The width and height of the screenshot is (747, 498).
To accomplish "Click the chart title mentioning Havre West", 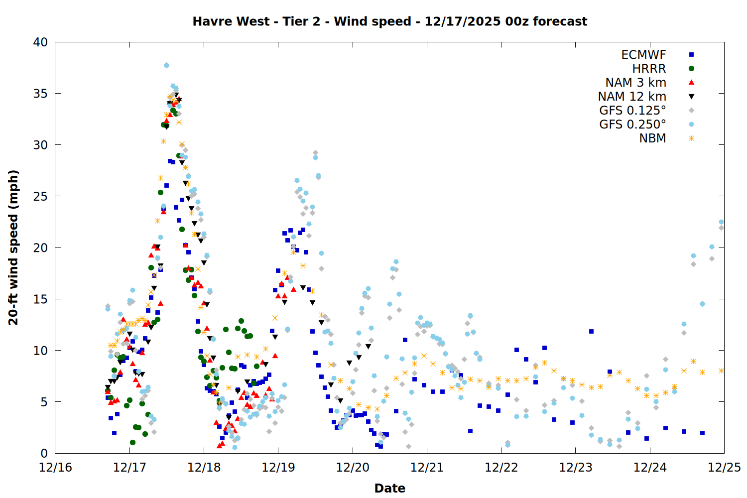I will (389, 21).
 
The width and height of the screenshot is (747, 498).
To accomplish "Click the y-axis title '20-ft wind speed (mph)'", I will (13, 248).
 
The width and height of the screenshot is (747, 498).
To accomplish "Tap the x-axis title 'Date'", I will (389, 488).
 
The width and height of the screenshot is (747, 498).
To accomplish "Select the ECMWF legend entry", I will (643, 55).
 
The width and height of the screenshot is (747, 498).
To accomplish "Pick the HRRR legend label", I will (649, 69).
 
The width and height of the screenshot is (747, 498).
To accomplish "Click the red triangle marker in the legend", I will (691, 82).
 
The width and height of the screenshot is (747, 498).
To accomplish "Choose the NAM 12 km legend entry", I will (632, 97).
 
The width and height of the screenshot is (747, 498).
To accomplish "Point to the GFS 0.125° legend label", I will (632, 111).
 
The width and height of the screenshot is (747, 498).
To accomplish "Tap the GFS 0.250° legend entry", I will (632, 124).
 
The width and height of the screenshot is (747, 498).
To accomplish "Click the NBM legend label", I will (652, 138).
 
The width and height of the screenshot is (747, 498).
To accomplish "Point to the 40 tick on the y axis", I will (40, 42).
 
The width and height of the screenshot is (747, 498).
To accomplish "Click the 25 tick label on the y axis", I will (40, 196).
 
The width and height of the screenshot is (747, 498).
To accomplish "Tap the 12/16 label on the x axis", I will (55, 468).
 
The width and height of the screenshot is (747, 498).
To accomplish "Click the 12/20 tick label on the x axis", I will (353, 468).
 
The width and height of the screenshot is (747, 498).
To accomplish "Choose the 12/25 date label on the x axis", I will (724, 468).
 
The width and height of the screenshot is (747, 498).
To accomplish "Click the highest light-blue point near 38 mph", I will (166, 65).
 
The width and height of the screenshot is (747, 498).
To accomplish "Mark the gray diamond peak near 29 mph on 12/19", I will (315, 153).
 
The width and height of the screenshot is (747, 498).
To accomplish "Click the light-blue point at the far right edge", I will (721, 222).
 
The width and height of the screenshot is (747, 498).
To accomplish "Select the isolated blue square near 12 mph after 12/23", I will (591, 331).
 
